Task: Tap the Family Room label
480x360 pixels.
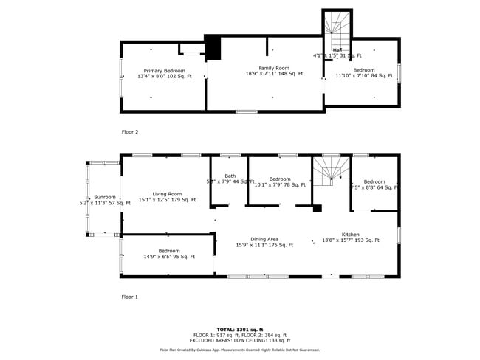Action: click(274, 68)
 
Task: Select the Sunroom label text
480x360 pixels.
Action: click(105, 197)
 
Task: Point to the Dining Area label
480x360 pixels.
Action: click(264, 239)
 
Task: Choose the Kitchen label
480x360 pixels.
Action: click(350, 235)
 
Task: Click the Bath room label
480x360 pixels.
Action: click(230, 176)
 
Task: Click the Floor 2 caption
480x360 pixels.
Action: click(130, 132)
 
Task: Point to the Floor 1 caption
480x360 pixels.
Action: click(130, 297)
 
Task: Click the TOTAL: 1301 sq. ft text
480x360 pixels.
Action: click(240, 329)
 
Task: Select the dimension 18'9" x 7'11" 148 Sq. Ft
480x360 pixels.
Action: click(274, 74)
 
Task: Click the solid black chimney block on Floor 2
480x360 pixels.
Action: click(213, 48)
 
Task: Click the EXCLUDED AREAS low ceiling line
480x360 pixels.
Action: click(240, 340)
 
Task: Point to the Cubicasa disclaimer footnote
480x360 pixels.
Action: click(240, 350)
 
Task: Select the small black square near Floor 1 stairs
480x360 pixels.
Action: click(317, 209)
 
